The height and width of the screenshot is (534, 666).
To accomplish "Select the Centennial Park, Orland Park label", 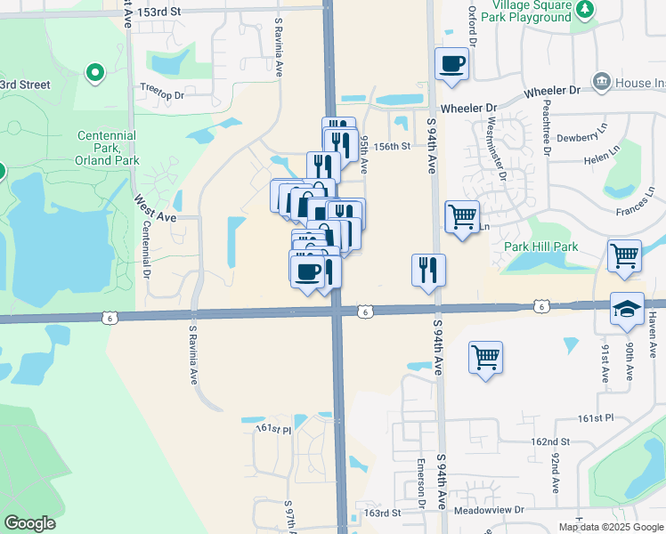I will click(107, 148).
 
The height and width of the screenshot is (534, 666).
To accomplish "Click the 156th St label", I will click(391, 147).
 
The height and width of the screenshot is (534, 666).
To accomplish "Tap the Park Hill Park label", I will click(540, 247).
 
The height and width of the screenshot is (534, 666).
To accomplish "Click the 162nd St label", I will click(550, 441).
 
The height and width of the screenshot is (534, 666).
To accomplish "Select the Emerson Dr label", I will click(419, 485).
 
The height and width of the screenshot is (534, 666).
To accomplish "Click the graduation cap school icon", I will click(627, 309).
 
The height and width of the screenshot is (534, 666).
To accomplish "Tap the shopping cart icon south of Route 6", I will click(485, 358).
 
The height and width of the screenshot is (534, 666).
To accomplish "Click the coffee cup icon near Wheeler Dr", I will click(451, 64).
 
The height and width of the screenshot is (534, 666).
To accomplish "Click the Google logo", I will click(29, 523).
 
